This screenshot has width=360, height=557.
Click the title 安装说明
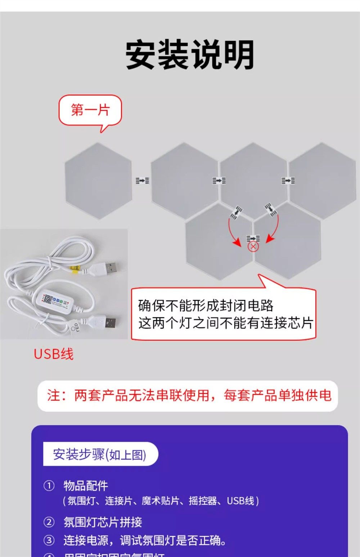(x=190, y=55)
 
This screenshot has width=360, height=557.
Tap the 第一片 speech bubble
(x=90, y=110)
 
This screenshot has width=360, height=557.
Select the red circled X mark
(x=253, y=246)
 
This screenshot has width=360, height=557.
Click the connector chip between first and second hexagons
(x=142, y=180)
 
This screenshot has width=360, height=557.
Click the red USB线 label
(x=54, y=354)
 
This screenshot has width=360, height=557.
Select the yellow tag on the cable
(x=75, y=269)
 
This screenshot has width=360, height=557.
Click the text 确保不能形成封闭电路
(x=206, y=305)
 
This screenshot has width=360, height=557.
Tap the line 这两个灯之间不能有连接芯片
(x=225, y=323)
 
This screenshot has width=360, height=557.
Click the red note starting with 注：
(x=189, y=395)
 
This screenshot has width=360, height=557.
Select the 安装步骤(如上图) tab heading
(x=99, y=454)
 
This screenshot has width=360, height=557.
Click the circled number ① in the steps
(x=49, y=486)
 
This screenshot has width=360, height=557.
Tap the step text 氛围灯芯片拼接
(x=103, y=522)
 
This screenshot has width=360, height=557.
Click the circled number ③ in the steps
(x=49, y=540)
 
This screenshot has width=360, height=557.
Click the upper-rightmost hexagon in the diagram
(x=322, y=181)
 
